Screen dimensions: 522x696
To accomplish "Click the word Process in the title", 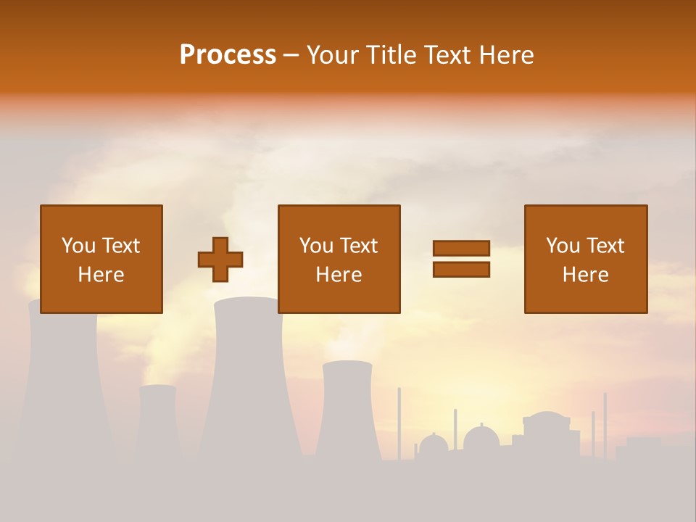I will click(228, 55).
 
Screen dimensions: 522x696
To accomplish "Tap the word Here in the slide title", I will click(505, 55).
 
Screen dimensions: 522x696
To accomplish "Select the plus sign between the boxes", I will click(220, 260).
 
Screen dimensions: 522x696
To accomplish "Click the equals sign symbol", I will click(461, 260).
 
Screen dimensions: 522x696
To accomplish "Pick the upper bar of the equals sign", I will click(461, 249).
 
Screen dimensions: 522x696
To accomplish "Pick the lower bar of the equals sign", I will click(461, 270).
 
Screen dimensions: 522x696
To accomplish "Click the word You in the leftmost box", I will click(78, 245).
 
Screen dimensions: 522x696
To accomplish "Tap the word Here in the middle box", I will click(339, 275).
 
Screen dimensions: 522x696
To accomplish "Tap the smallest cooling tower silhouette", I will click(157, 420).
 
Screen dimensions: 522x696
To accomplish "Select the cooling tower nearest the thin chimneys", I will click(347, 410).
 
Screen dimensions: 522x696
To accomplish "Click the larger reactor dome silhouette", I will click(481, 439).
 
